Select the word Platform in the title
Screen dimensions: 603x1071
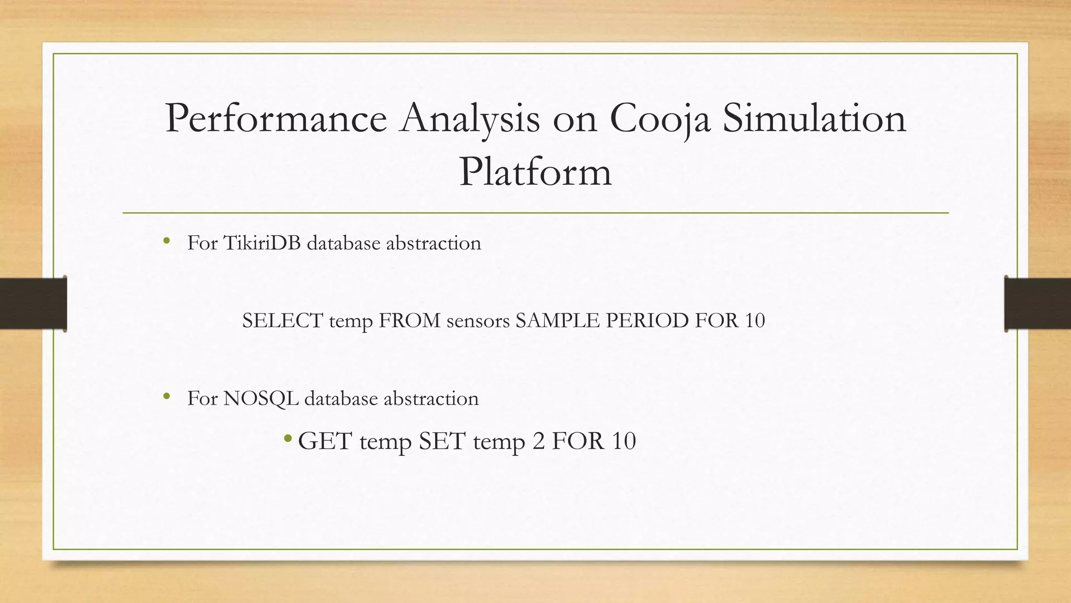tap(535, 172)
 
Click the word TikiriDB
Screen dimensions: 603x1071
tap(262, 243)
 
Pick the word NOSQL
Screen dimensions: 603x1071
tap(261, 399)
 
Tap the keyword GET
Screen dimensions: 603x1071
tap(325, 441)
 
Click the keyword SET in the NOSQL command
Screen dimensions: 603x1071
tap(442, 441)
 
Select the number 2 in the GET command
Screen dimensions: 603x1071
tap(538, 441)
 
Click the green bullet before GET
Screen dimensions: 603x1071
tap(288, 438)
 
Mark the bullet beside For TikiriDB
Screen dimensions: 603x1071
tap(167, 241)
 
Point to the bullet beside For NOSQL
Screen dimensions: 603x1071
tap(167, 397)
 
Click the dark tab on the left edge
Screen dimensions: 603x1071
tap(33, 304)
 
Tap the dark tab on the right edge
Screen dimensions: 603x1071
tap(1038, 304)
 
